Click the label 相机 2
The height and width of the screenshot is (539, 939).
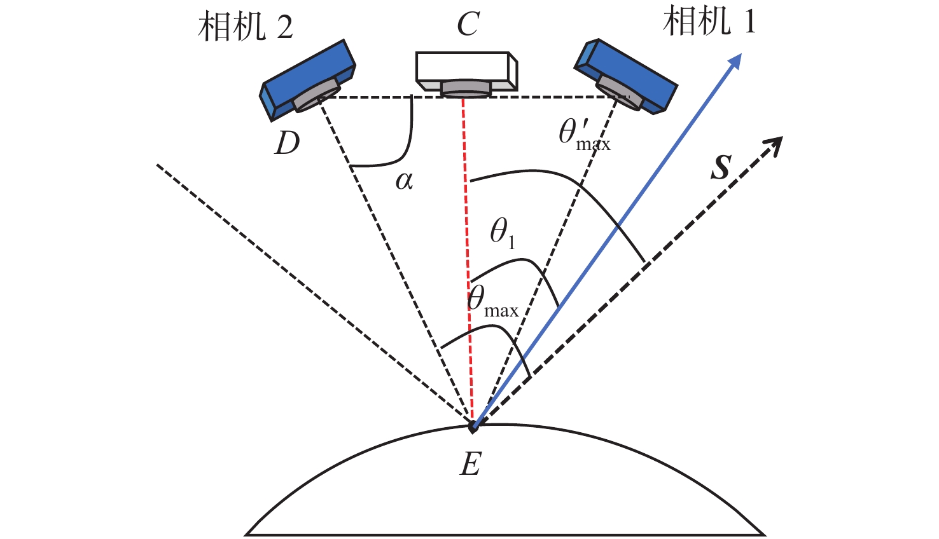(246, 27)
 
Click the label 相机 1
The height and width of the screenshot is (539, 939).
(710, 21)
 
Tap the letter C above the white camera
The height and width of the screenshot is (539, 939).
(468, 24)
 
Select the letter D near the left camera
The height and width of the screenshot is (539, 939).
(287, 144)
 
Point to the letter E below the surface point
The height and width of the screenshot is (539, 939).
(470, 463)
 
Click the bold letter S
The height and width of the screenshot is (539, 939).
(721, 168)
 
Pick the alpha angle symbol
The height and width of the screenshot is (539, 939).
(405, 181)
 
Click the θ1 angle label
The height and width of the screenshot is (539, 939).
(502, 235)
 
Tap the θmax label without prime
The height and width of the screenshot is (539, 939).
(493, 303)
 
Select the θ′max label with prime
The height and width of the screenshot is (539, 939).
(585, 136)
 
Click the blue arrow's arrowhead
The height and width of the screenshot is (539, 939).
(734, 61)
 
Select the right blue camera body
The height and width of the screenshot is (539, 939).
(626, 76)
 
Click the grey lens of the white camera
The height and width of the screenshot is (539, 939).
(466, 89)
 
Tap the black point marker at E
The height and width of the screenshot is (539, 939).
(473, 428)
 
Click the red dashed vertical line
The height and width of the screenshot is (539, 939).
(468, 261)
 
